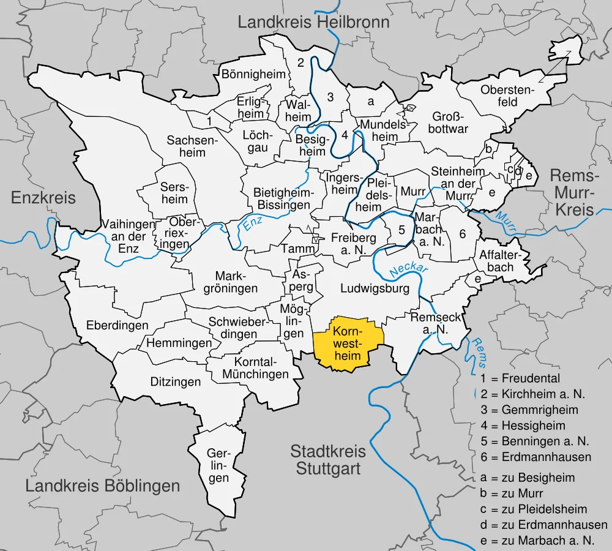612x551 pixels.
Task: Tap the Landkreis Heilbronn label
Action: click(x=313, y=23)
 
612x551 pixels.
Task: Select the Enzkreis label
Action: click(x=43, y=198)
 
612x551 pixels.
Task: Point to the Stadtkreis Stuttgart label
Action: click(x=328, y=460)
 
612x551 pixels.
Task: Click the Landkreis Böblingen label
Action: click(x=103, y=486)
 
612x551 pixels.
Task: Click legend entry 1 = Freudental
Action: click(x=520, y=378)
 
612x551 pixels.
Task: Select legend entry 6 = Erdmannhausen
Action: click(x=535, y=457)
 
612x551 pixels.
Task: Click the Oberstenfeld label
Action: click(x=507, y=96)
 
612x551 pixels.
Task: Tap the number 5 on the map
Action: click(x=401, y=230)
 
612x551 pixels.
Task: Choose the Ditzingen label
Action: click(x=176, y=382)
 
